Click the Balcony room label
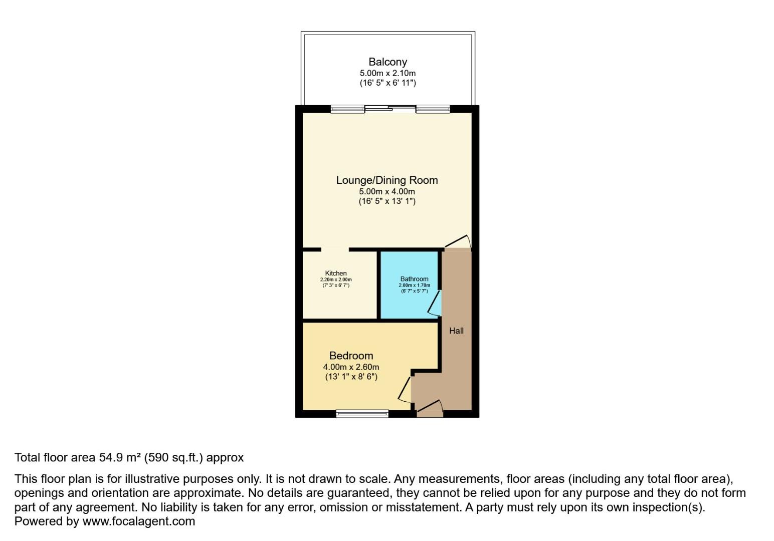388,62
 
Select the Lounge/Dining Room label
386,180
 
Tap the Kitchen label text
336,274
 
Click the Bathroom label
414,279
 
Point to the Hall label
456,331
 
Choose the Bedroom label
351,356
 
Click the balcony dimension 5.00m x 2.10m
388,73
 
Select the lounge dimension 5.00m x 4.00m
386,191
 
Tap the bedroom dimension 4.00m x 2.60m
351,367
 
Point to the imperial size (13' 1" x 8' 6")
351,377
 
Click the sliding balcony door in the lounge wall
390,108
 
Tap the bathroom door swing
435,304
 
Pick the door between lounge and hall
458,242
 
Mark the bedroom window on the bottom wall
362,413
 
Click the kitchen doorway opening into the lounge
335,249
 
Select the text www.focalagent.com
138,521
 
